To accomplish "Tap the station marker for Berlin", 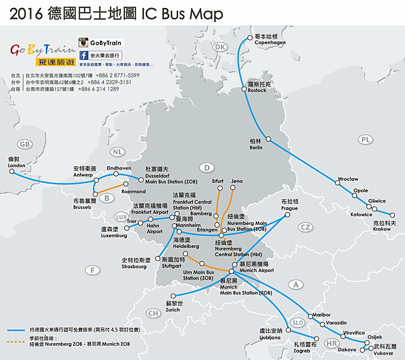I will pyautogui.click(x=269, y=140).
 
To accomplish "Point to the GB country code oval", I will pyautogui.click(x=26, y=144).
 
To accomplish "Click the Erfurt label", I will pyautogui.click(x=217, y=182).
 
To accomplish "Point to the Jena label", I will pyautogui.click(x=236, y=182).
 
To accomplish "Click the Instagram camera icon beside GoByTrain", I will pyautogui.click(x=84, y=42).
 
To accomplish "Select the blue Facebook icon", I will pyautogui.click(x=84, y=55).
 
